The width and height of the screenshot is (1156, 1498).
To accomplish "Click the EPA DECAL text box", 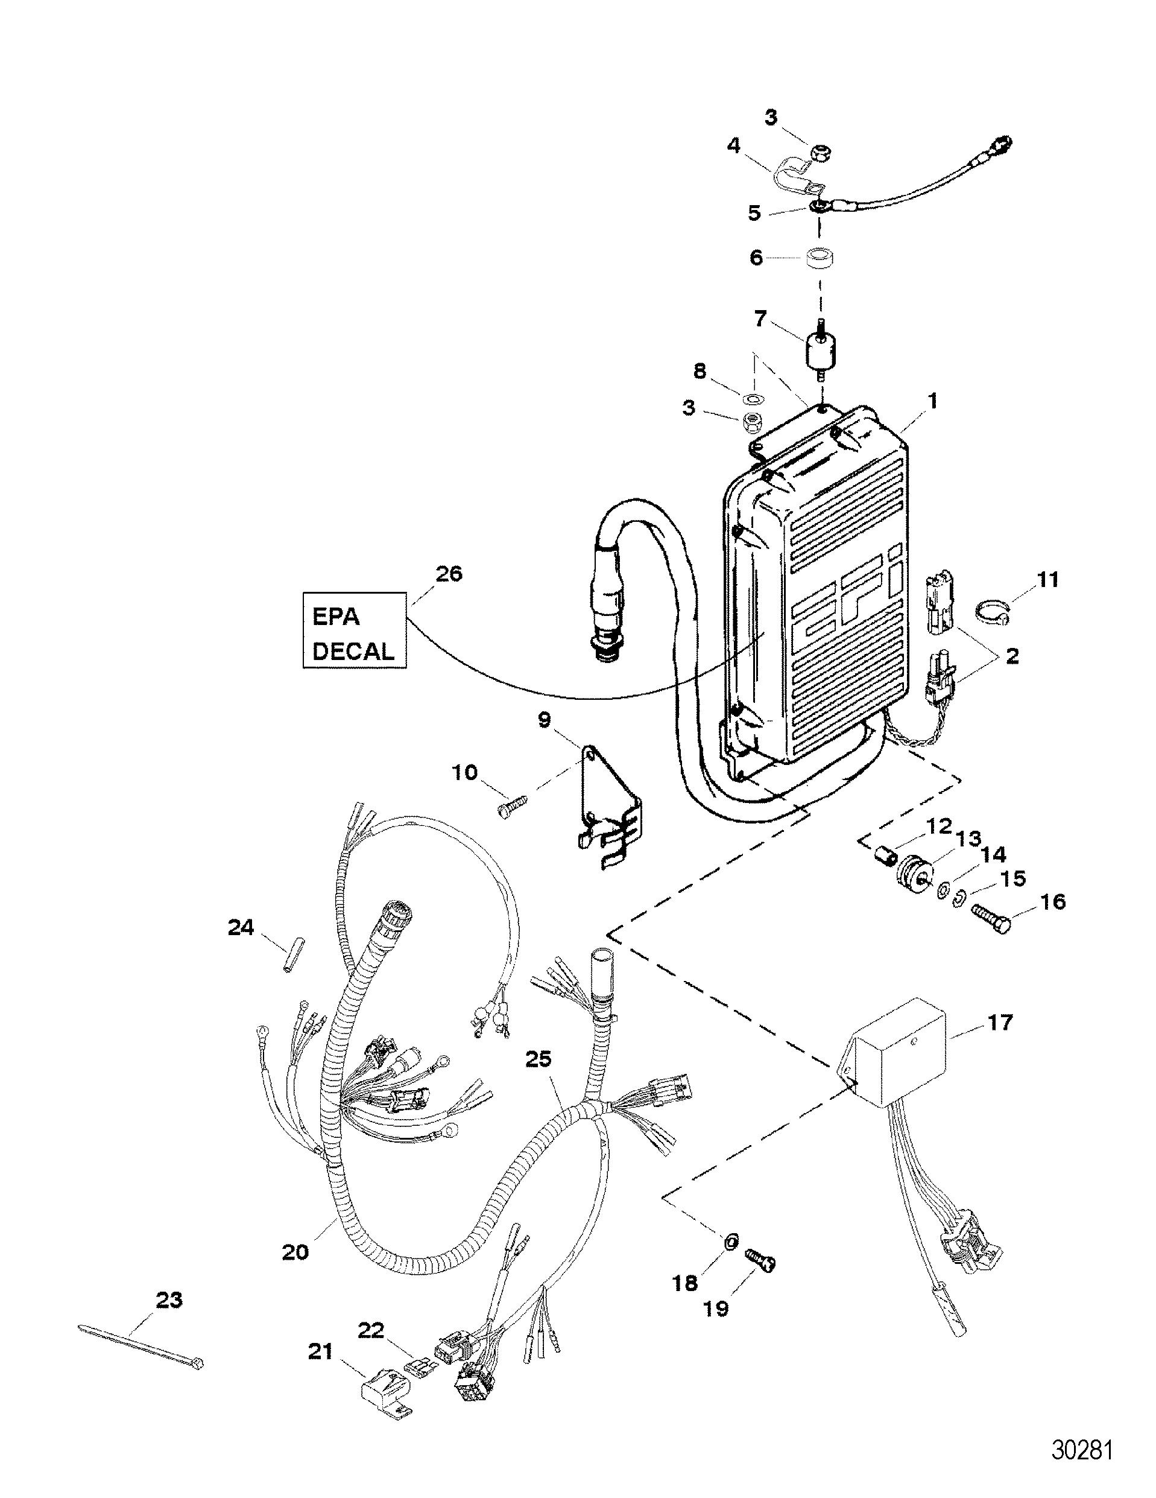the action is pyautogui.click(x=355, y=631).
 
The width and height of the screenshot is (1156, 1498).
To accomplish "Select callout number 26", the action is pyautogui.click(x=449, y=573).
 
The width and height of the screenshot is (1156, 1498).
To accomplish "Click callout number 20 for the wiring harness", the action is pyautogui.click(x=295, y=1252).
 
